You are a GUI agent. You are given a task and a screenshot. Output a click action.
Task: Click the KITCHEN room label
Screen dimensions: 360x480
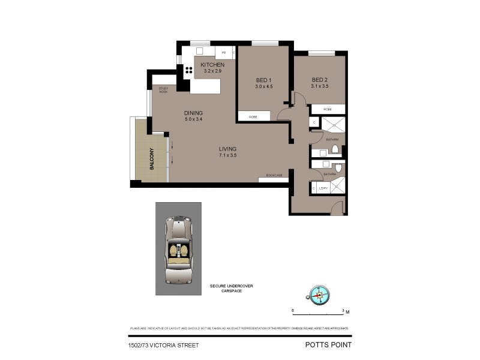point(212,65)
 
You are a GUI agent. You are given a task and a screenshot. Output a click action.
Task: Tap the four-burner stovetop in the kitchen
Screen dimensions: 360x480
point(188,69)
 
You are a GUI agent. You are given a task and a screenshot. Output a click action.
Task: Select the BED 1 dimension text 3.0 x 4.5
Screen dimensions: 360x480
point(264,86)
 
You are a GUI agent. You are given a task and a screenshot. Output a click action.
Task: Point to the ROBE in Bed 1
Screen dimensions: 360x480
point(253,117)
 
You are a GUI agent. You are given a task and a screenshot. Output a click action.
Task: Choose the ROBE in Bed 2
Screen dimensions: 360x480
point(328,109)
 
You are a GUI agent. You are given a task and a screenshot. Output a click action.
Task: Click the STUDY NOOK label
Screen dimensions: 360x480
point(163,90)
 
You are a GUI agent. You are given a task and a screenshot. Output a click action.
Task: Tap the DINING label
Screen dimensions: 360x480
point(193,113)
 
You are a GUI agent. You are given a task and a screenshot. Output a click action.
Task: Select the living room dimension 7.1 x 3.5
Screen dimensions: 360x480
point(227,155)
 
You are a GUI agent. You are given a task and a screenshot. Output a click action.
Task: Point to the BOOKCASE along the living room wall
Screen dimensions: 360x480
point(274,175)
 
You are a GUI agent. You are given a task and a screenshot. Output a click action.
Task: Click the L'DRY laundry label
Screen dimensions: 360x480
point(323,189)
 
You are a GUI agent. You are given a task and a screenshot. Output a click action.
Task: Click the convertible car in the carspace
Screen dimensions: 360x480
point(178,249)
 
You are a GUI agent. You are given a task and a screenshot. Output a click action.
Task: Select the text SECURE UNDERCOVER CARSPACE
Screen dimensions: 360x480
point(231,289)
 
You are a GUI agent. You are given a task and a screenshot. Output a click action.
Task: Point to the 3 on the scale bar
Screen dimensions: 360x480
point(343,311)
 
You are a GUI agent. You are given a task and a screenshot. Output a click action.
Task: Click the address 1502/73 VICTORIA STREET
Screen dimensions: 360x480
point(163,345)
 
